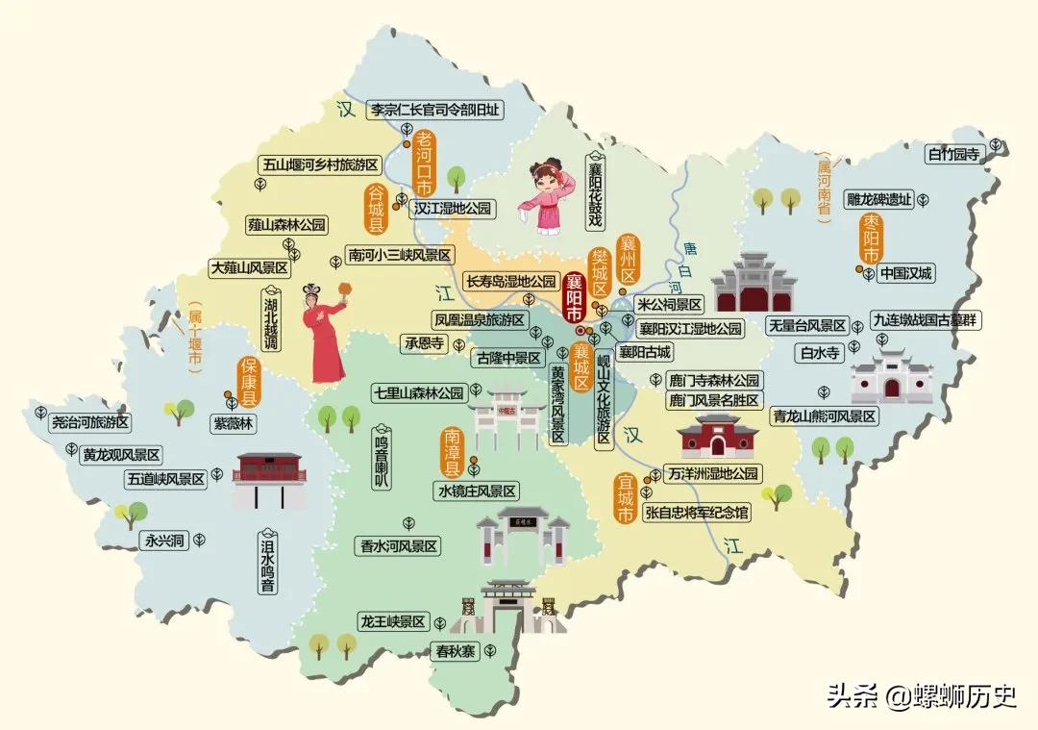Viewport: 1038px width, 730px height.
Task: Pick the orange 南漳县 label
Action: [x=452, y=451]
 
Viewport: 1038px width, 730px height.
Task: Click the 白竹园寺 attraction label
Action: [x=952, y=154]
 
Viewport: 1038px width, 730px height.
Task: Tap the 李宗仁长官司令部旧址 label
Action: [x=436, y=110]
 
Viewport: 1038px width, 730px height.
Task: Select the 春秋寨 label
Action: [x=455, y=651]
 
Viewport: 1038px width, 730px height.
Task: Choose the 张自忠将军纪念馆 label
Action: [x=696, y=515]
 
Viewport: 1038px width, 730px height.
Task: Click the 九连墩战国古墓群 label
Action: [x=925, y=320]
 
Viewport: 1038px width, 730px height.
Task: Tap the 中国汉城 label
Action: [x=905, y=273]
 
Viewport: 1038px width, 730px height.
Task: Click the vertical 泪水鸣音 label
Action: [x=268, y=564]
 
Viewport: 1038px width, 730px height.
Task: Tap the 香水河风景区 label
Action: [x=398, y=545]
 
